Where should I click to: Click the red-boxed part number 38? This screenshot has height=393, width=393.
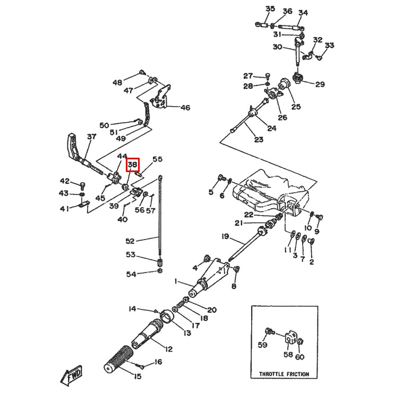[132, 165]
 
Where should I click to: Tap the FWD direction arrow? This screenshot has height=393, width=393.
[72, 377]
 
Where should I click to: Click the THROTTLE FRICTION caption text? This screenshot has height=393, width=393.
[284, 374]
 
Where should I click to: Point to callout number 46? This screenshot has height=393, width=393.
[185, 108]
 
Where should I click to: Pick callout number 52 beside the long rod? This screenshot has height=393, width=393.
[131, 241]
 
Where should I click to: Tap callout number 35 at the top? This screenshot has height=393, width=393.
[270, 9]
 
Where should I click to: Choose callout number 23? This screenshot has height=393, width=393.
[258, 140]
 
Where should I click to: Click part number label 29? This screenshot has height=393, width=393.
[320, 84]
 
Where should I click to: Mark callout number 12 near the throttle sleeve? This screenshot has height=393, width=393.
[168, 349]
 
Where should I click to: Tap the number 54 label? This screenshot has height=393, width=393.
[131, 274]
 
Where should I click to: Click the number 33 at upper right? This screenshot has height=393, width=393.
[329, 46]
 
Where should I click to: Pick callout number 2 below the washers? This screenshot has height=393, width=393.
[311, 261]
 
